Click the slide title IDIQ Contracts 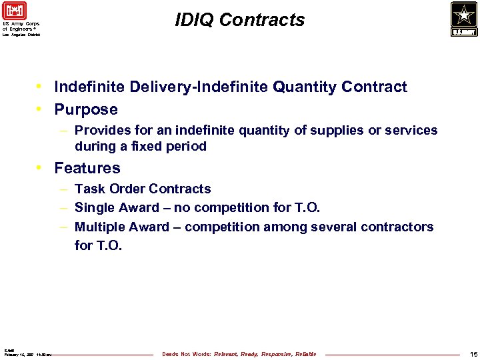(240, 21)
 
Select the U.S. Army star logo (463, 19)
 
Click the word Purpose (86, 109)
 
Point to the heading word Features (87, 168)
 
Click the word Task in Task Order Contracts (89, 189)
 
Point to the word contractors (399, 227)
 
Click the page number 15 (473, 354)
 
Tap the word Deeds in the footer (171, 354)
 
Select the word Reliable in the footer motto (306, 354)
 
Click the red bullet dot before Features (41, 168)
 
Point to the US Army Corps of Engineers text (21, 26)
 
